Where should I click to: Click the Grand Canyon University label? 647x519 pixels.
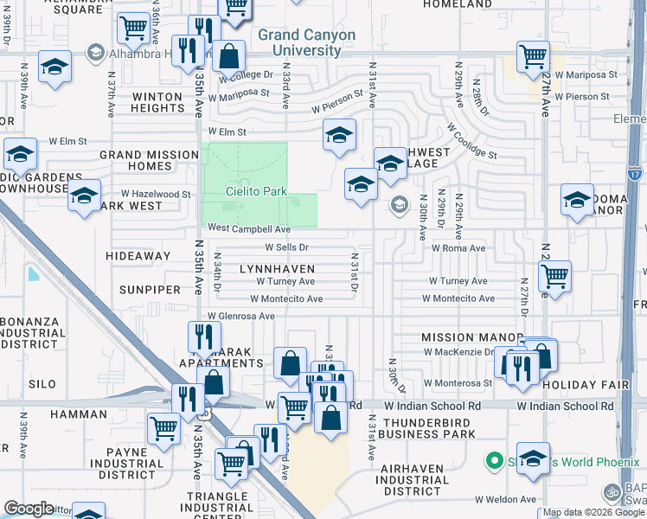click(x=306, y=42)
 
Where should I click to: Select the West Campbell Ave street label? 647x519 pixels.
click(x=249, y=229)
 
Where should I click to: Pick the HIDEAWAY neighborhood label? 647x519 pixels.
click(x=138, y=256)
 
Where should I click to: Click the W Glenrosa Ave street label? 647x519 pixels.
click(x=239, y=317)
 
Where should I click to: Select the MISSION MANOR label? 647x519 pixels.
click(x=471, y=337)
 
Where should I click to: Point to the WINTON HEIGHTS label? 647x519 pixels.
click(x=157, y=102)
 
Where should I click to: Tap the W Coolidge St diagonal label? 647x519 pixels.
click(x=471, y=140)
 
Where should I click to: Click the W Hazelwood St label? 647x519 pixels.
click(x=156, y=195)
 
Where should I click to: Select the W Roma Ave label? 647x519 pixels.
click(x=458, y=247)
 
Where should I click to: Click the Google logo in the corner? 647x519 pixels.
click(x=29, y=509)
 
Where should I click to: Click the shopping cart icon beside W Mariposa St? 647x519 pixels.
click(x=533, y=58)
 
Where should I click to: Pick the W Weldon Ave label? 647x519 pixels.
click(x=505, y=499)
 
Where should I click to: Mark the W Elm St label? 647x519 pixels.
click(x=68, y=140)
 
